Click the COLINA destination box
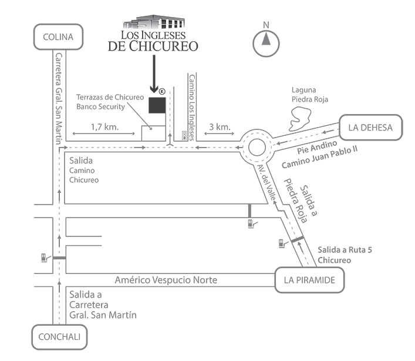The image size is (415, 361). coord(58,37)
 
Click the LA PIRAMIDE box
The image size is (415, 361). coord(309,280)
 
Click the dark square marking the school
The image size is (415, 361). coord(157,105)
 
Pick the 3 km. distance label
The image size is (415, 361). coord(218,126)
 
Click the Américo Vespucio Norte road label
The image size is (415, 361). coord(166,280)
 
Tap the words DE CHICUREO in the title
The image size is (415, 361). coord(153,46)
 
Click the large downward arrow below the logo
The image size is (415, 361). coord(153,73)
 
